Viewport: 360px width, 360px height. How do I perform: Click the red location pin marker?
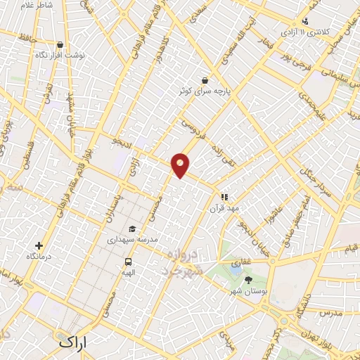coord(181,165)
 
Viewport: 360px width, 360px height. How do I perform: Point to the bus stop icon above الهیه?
coord(128,260)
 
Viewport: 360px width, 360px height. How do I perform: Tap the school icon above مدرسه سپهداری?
coord(133,229)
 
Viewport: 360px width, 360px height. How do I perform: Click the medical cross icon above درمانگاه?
coord(39,246)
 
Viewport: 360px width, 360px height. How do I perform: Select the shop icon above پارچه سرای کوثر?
coord(205,79)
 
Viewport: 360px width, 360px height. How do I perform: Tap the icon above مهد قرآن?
coord(224,198)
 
